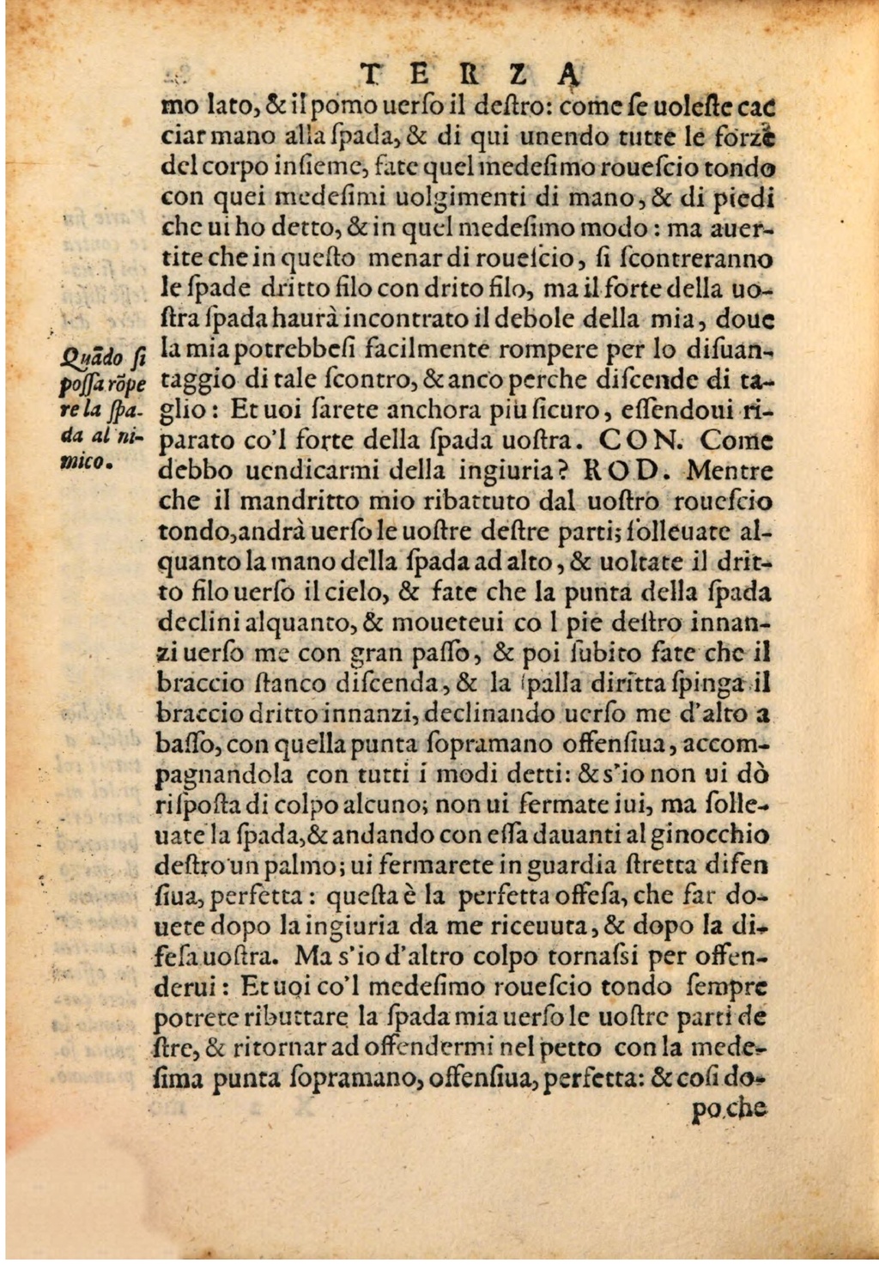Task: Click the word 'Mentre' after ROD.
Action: click(x=730, y=471)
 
